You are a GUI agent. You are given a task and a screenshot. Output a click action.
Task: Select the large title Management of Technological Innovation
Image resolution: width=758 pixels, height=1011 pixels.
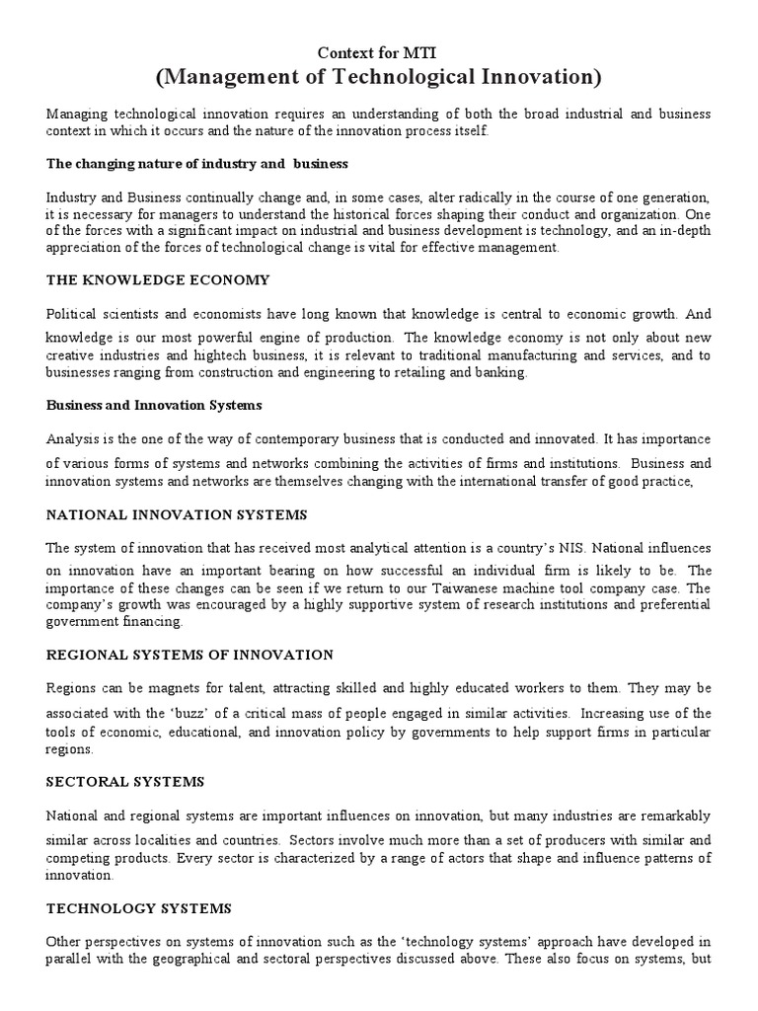pyautogui.click(x=379, y=76)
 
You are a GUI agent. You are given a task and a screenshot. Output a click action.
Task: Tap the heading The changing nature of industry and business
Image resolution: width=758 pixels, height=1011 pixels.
pyautogui.click(x=197, y=163)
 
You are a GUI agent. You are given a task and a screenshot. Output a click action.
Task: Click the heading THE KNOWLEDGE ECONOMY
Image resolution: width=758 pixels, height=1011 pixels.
pyautogui.click(x=158, y=280)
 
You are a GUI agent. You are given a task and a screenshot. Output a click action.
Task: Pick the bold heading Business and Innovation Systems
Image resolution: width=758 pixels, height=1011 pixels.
pyautogui.click(x=154, y=405)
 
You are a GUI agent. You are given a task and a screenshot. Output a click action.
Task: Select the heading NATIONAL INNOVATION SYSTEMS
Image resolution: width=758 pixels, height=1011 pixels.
pyautogui.click(x=177, y=514)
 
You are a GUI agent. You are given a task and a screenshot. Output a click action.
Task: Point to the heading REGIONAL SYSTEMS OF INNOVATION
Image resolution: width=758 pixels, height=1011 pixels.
pyautogui.click(x=189, y=655)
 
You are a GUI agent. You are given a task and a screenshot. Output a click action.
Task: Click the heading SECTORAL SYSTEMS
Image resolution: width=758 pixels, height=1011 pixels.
pyautogui.click(x=125, y=781)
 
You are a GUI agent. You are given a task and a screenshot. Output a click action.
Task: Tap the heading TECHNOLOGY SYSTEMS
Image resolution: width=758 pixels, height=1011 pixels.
pyautogui.click(x=138, y=905)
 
